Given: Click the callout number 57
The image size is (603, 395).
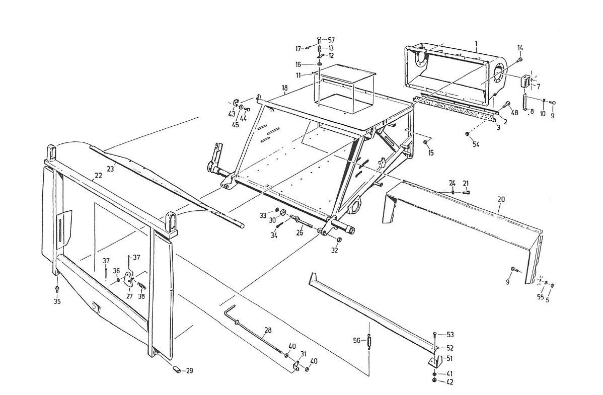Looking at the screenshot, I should coord(331,40).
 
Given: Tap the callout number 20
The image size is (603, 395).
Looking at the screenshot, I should coord(500,199).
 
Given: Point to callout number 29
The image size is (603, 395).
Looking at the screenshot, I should coord(189,371).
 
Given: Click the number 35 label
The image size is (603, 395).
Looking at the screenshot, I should coord(57,301).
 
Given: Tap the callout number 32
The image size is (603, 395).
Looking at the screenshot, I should coord(335,250).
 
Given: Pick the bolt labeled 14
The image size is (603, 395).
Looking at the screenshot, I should coord(518,60).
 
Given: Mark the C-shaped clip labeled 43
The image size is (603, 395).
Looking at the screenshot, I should coord(235,103).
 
